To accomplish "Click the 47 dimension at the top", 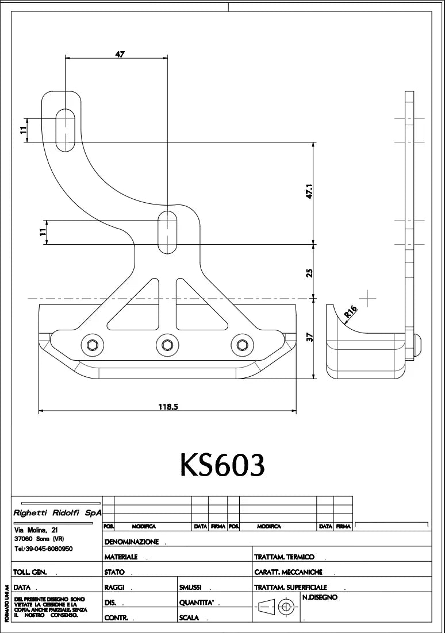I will (x=120, y=54).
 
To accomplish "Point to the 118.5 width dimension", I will (x=168, y=407).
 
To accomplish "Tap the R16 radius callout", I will (x=350, y=312).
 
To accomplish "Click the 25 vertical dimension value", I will (x=309, y=272).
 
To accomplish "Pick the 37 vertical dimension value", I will (x=309, y=338).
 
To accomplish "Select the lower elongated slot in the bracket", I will (x=168, y=231).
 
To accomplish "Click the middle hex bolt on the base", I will (x=167, y=345).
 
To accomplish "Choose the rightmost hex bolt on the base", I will (x=240, y=345).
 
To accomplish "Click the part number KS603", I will (x=222, y=465).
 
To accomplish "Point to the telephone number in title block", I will (x=43, y=549).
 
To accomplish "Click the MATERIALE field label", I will (x=121, y=557).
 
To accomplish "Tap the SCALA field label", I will (x=189, y=617).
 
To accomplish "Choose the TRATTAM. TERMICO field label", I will (x=284, y=557).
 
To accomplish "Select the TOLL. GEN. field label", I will (x=31, y=572).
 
